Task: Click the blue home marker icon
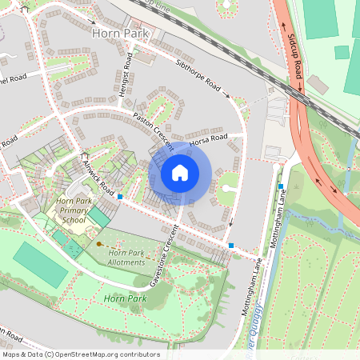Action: tap(180, 172)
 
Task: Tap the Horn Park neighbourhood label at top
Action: tap(120, 34)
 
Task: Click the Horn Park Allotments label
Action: tap(126, 258)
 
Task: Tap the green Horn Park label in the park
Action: tap(120, 298)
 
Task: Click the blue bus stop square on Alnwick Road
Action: tap(120, 196)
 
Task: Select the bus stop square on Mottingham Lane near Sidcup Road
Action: tap(281, 186)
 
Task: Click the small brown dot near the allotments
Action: tap(99, 243)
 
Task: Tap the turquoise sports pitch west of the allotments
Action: tap(40, 265)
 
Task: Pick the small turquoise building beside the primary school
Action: tap(98, 215)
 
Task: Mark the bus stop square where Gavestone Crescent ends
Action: tap(231, 245)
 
